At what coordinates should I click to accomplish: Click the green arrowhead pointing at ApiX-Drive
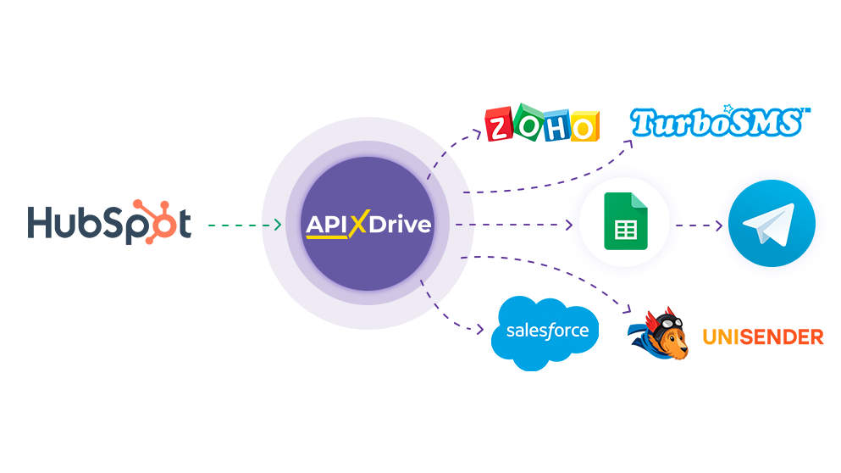click(277, 225)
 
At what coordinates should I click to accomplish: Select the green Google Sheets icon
click(625, 222)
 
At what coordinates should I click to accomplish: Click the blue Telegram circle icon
click(772, 224)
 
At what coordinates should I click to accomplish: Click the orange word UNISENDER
click(762, 337)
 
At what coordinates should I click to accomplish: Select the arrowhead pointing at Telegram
click(721, 225)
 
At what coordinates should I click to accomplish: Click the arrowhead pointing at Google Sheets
click(569, 225)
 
